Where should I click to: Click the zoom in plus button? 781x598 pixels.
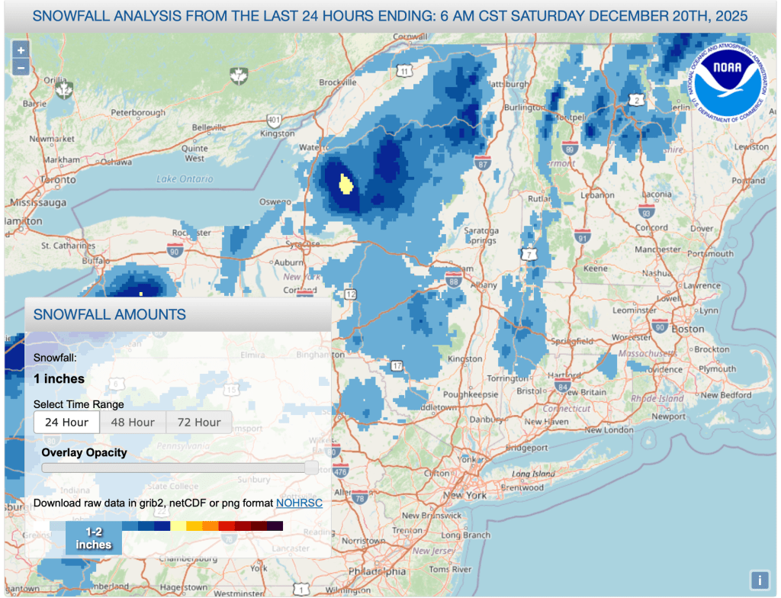tap(21, 50)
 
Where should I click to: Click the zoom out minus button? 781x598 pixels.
tap(21, 67)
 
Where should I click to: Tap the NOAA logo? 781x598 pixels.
tap(726, 78)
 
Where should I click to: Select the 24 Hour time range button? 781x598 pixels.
tap(67, 422)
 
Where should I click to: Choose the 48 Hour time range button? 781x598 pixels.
tap(133, 422)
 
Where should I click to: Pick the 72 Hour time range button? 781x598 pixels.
tap(198, 422)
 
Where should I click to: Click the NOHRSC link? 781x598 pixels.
tap(299, 503)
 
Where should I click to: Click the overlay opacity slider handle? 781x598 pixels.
tap(311, 468)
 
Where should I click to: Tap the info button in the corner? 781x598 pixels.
tap(759, 579)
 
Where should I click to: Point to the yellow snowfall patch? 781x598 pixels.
tap(346, 184)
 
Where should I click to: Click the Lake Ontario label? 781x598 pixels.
tap(185, 179)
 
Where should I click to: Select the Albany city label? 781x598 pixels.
tap(464, 284)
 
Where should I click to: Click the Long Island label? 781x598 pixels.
tap(534, 474)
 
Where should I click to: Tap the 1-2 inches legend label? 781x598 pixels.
tap(94, 538)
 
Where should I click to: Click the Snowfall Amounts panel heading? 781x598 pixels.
tap(109, 314)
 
